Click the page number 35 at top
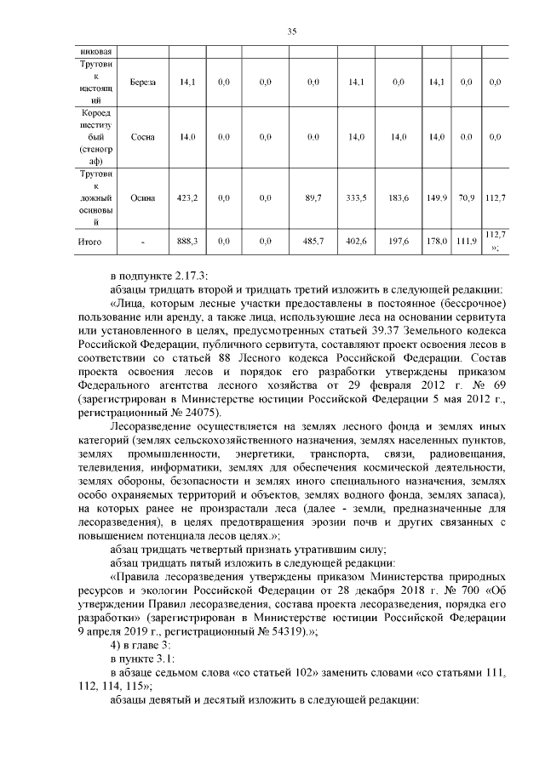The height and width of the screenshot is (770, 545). click(290, 31)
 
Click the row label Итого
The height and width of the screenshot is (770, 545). click(92, 242)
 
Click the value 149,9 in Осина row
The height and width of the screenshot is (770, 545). click(437, 197)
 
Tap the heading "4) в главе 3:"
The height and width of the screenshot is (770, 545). click(141, 646)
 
